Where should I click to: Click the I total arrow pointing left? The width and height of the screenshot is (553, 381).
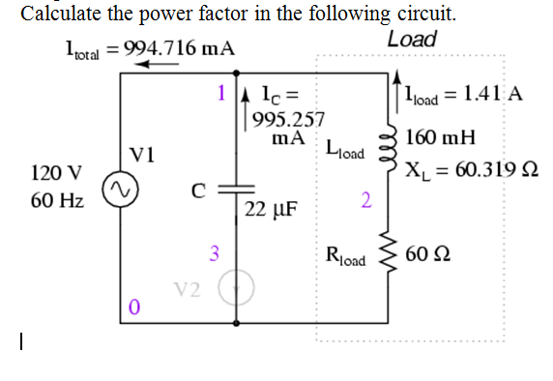(x=155, y=65)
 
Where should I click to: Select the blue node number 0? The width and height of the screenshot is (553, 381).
(x=135, y=308)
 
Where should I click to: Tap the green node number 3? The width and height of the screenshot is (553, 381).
(x=215, y=254)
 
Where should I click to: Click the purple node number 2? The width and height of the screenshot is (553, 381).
(x=364, y=200)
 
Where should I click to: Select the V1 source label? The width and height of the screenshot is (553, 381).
(x=143, y=153)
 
